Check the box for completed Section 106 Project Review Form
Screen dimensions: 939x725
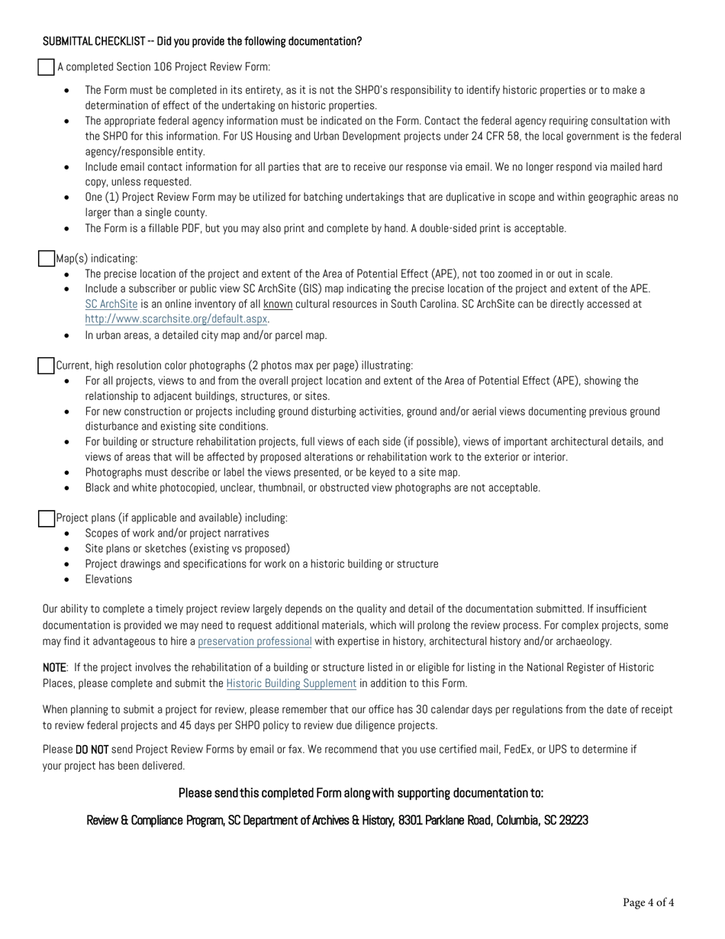pos(47,67)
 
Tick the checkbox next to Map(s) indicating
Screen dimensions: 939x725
pos(47,259)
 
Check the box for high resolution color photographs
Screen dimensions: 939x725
pos(47,366)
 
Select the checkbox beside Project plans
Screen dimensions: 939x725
pos(47,518)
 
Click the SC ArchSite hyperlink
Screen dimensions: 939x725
pos(111,304)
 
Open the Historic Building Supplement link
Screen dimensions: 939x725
pos(291,683)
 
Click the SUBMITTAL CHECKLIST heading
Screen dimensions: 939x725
pos(201,41)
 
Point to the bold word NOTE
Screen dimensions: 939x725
pos(55,668)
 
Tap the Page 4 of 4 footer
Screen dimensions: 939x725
pos(648,903)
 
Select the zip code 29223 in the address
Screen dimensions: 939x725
pos(572,821)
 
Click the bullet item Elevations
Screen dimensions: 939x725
pos(108,579)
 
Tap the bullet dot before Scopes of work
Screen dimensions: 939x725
pos(68,534)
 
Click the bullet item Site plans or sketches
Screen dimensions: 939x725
pos(187,549)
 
